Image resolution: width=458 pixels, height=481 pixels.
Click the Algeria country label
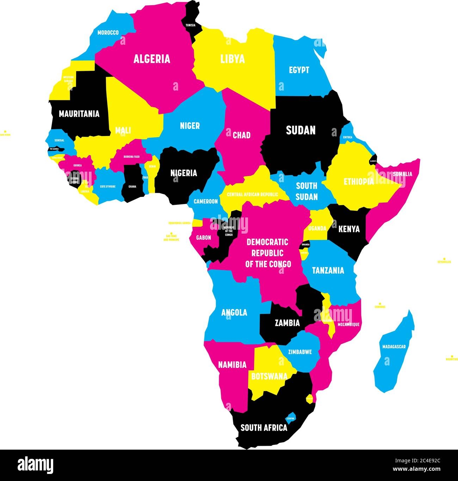151,59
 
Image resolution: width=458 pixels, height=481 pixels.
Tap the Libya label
233,59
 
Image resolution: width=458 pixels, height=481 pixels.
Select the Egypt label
299,70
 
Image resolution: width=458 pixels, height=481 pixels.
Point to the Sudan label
301,130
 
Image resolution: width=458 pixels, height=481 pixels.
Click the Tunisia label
191,25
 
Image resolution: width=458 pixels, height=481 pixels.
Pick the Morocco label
108,33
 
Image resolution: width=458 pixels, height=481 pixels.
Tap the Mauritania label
79,114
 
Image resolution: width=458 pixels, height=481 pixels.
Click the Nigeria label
184,173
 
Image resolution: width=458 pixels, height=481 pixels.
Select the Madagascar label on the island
394,347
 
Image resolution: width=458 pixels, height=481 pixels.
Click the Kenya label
349,229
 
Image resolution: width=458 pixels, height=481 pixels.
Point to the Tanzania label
328,271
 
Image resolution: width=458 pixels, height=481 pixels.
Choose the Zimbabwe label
300,352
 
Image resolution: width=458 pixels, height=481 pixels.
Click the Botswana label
269,376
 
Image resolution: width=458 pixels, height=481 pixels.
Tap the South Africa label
264,428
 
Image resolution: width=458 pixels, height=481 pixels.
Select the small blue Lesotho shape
291,417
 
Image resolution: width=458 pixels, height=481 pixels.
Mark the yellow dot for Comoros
380,303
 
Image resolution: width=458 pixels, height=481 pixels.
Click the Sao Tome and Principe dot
171,233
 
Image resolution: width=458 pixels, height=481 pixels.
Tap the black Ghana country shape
132,181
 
